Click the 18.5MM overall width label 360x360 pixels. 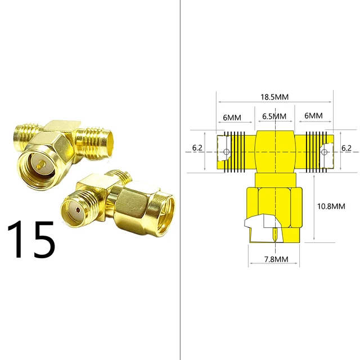coord(274,97)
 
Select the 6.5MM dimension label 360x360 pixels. coord(274,116)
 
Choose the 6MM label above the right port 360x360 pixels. coord(313,116)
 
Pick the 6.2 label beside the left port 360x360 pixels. coord(197,148)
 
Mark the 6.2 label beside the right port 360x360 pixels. coord(346,148)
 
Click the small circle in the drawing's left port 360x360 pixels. coord(226,152)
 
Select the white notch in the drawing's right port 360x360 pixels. coord(325,151)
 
